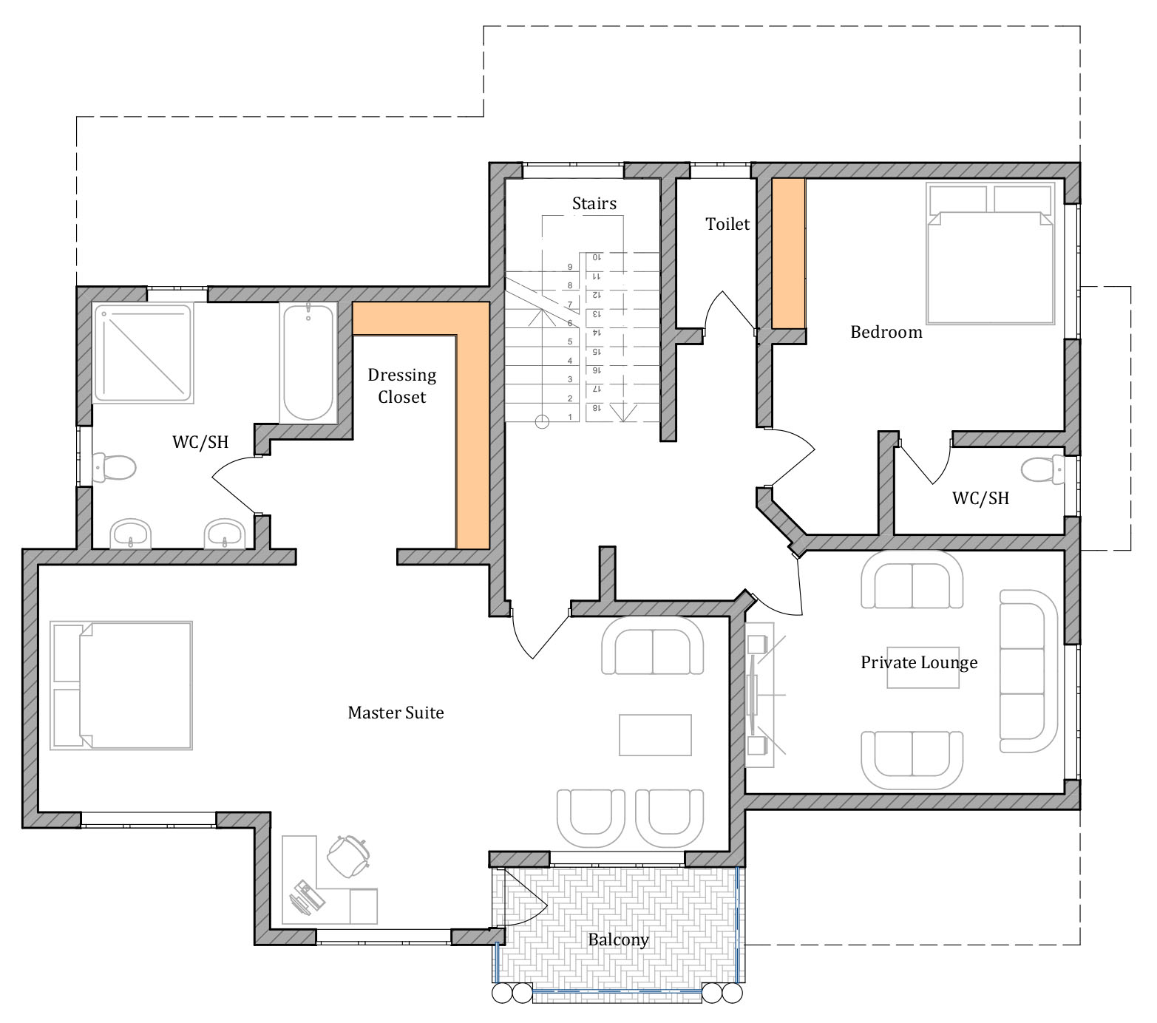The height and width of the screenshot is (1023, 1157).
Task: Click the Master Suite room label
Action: (x=396, y=713)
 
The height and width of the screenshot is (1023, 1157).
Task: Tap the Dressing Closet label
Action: (x=402, y=386)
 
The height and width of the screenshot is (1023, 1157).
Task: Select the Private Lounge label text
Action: (x=919, y=662)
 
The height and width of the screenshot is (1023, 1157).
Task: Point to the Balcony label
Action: (x=619, y=939)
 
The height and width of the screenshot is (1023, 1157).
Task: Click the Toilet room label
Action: (x=727, y=224)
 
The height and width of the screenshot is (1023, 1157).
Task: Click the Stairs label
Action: (x=594, y=203)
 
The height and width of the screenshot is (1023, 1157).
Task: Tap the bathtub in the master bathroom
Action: (x=308, y=362)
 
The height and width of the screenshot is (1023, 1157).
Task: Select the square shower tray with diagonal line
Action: (x=144, y=353)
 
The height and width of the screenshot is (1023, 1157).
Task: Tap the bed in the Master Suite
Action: (x=122, y=685)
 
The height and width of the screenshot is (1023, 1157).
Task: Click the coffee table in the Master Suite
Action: (x=655, y=735)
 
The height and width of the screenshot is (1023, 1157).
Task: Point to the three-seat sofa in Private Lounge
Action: (x=1029, y=670)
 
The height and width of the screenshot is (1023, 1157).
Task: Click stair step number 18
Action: (x=596, y=408)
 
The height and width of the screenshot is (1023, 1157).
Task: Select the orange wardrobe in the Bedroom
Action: (x=788, y=254)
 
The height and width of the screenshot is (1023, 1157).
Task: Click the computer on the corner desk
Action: (x=307, y=897)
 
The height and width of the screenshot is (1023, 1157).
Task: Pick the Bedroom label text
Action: (x=886, y=332)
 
